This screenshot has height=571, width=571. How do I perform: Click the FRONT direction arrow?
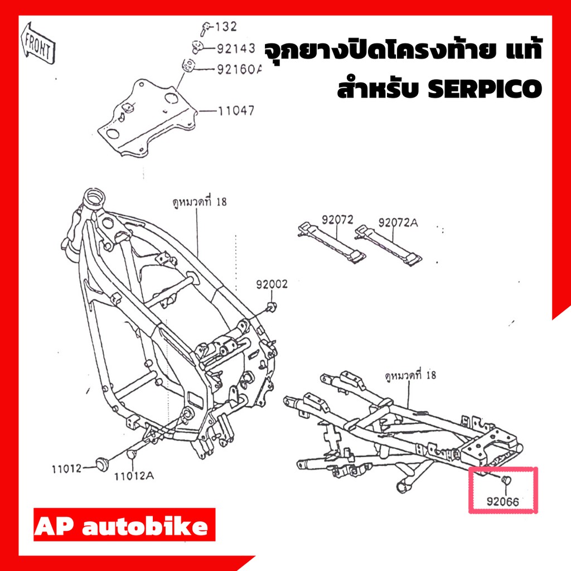(38, 43)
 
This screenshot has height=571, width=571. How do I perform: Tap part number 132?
(226, 27)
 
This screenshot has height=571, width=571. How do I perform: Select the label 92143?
(236, 49)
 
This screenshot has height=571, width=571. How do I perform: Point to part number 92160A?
(239, 69)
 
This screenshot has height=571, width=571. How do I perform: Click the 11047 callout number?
(236, 110)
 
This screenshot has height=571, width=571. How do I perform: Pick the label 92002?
(272, 284)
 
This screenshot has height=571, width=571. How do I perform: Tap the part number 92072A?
(398, 222)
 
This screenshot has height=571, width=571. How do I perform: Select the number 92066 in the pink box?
(502, 502)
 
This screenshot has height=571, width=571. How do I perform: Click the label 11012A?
(134, 476)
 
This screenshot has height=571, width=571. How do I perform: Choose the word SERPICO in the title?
(485, 89)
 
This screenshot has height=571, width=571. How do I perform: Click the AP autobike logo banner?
(124, 525)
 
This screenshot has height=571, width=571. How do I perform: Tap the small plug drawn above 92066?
(506, 480)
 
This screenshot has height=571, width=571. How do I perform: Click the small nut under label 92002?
(272, 307)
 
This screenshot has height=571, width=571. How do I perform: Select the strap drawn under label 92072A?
(389, 245)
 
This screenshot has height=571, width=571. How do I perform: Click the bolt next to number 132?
(206, 29)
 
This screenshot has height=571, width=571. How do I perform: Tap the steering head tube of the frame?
(94, 200)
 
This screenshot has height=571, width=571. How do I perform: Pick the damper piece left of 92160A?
(188, 65)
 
